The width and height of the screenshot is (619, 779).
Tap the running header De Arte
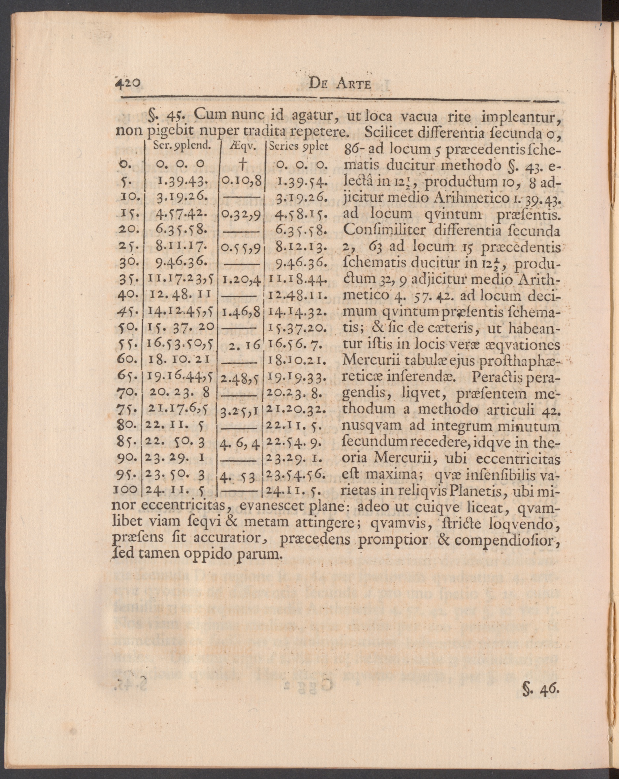click(x=340, y=85)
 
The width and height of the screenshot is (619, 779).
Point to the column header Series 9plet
click(x=298, y=147)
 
